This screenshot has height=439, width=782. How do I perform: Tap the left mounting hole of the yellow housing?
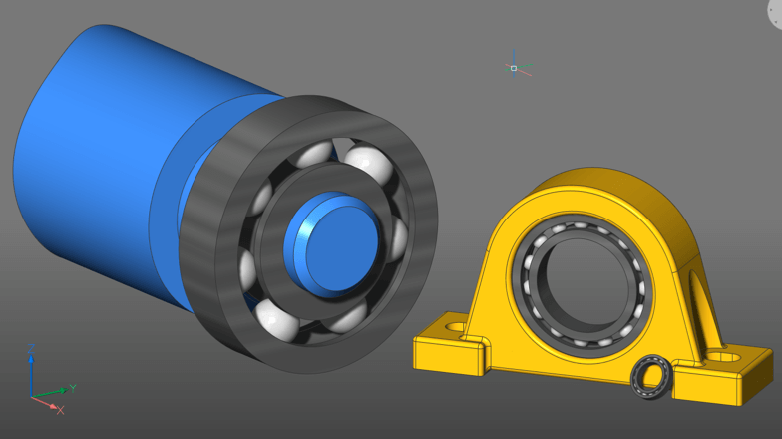click(455, 326)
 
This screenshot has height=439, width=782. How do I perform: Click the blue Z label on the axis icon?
click(34, 348)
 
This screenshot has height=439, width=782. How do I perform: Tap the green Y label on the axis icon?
click(73, 387)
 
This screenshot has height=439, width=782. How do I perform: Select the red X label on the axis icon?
click(60, 410)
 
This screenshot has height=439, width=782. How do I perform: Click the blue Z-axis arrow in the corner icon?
click(32, 374)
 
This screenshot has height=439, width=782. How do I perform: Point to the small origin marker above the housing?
click(514, 68)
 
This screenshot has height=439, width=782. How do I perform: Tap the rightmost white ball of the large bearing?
click(398, 239)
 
